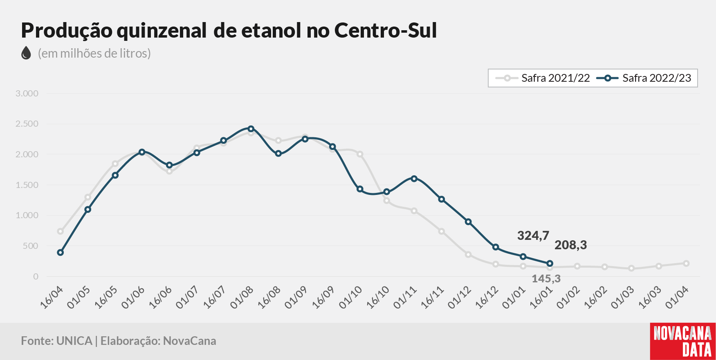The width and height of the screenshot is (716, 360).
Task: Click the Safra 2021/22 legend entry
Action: click(x=543, y=78)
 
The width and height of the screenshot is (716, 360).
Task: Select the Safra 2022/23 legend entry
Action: click(x=644, y=78)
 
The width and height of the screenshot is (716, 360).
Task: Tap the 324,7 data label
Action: click(x=533, y=235)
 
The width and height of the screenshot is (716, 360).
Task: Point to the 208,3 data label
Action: click(x=570, y=245)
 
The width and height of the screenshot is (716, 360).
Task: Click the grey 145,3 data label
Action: click(x=546, y=279)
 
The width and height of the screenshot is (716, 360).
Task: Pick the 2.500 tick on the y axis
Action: click(x=27, y=124)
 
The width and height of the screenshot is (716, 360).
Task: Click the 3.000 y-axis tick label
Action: click(x=27, y=94)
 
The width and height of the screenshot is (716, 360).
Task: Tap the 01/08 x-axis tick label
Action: click(x=242, y=297)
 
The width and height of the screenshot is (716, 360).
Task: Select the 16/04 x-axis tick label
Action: click(x=52, y=297)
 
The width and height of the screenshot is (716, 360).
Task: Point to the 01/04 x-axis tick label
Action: click(x=677, y=297)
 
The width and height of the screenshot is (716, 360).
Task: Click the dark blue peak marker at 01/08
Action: click(x=251, y=129)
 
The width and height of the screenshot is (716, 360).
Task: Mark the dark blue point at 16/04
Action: click(x=61, y=253)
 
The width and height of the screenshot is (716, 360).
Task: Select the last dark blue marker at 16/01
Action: click(x=550, y=264)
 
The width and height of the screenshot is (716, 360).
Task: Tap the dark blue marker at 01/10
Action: click(x=360, y=189)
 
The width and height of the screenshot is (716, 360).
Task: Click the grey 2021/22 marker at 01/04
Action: click(x=686, y=264)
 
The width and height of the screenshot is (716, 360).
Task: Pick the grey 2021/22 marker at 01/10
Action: click(x=360, y=154)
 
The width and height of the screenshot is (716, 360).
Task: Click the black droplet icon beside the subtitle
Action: click(x=26, y=53)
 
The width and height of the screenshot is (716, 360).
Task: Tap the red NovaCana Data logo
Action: click(x=683, y=341)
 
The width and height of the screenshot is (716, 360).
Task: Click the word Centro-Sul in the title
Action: click(x=386, y=30)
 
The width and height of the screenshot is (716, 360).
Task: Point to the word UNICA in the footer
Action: click(x=74, y=341)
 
